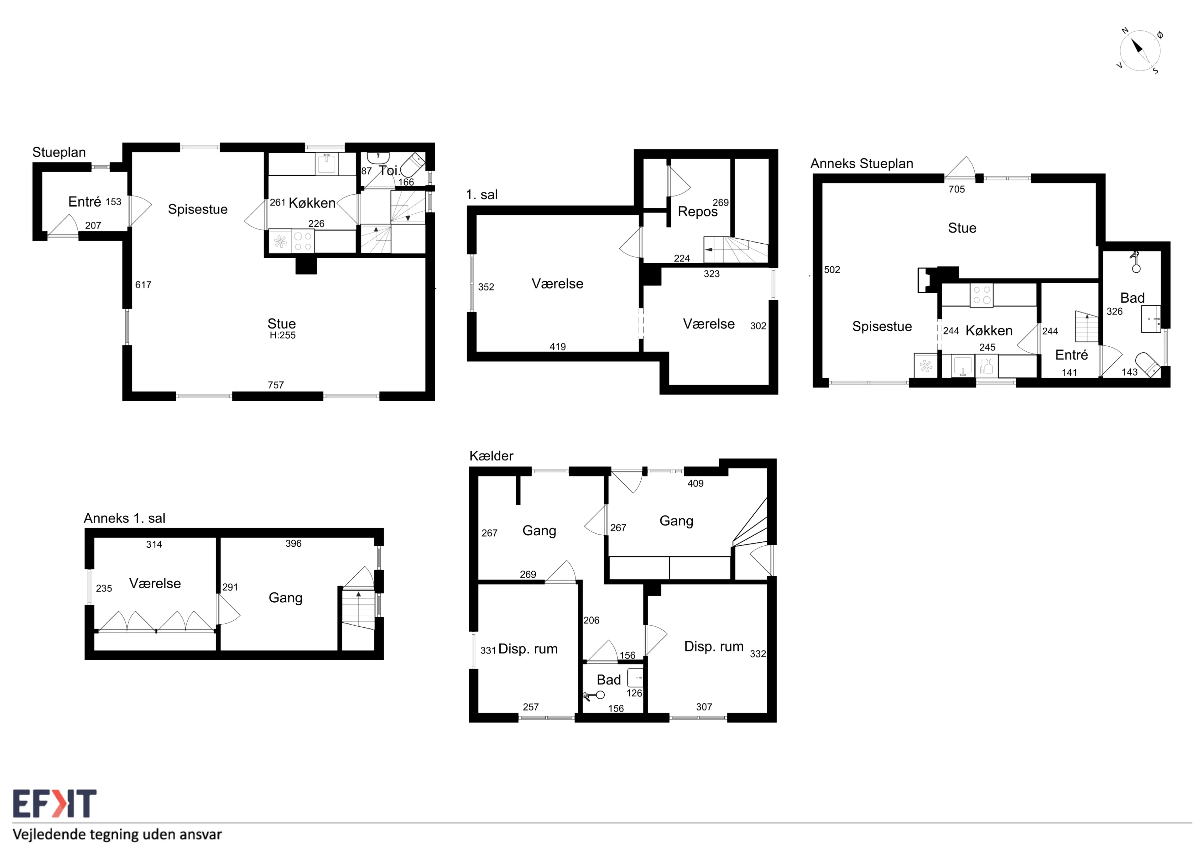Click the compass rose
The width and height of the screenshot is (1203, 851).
click(x=1140, y=51)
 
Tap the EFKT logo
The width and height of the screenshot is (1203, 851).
click(x=55, y=803)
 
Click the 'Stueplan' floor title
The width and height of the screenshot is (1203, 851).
click(x=59, y=153)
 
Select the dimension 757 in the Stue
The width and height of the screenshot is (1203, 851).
click(x=276, y=385)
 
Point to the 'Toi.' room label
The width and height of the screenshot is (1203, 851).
click(x=389, y=171)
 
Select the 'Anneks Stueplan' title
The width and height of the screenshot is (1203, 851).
click(x=862, y=164)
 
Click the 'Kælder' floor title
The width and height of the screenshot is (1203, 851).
click(x=491, y=456)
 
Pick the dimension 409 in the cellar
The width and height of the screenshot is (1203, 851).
click(x=695, y=483)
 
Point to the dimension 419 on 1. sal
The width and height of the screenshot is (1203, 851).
click(x=558, y=347)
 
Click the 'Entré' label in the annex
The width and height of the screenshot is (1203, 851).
click(x=1071, y=355)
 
